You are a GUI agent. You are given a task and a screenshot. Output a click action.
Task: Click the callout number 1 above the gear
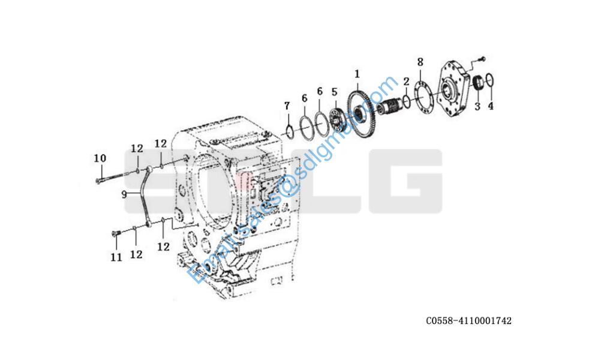pos(357,74)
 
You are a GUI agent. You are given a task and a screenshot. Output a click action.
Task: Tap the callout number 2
pos(406,82)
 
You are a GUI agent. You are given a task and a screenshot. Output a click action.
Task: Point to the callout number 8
pos(420,62)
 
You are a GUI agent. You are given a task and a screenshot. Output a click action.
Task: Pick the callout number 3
pos(477,106)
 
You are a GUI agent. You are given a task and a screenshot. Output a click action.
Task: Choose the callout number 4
pos(491,106)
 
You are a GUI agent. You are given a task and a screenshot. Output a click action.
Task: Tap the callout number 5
pos(334,92)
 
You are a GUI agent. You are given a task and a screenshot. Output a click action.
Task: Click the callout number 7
pos(287,106)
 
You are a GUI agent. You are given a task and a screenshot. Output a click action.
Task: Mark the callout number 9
pos(124,194)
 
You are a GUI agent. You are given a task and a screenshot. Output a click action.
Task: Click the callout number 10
pos(100,158)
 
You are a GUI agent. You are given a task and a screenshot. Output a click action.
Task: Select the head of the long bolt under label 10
pos(98,181)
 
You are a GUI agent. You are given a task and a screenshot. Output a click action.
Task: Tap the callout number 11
pos(116,257)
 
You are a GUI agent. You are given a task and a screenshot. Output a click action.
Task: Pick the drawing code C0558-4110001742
pos(468,320)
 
